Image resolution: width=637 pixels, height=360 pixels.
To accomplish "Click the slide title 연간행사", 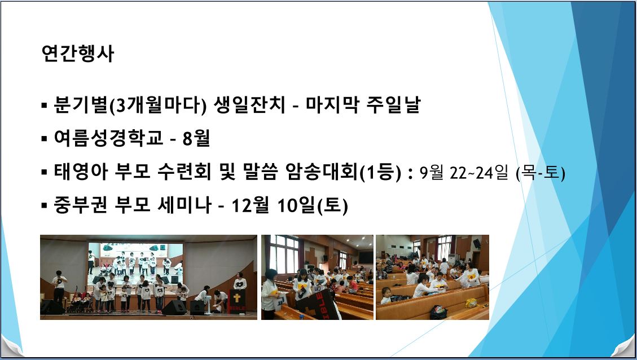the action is (78, 53).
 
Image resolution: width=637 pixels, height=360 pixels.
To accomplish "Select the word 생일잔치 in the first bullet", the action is (250, 104).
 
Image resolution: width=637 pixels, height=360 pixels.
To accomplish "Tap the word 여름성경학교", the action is (108, 138).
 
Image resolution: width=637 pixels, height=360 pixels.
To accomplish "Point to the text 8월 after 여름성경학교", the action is (196, 138).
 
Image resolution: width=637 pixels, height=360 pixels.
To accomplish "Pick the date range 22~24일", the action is (479, 172).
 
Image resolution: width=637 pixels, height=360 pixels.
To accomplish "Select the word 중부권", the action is (81, 205).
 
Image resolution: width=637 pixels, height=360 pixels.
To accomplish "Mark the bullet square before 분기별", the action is (44, 106).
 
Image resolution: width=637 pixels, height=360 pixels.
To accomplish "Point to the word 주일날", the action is (393, 104).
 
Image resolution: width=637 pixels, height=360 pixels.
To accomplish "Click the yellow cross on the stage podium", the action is (237, 298).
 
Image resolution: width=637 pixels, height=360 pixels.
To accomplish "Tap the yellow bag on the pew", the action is (471, 302).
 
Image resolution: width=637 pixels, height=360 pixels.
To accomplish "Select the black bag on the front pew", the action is (438, 312).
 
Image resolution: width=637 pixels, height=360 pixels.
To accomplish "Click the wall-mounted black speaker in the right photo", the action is (477, 243).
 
